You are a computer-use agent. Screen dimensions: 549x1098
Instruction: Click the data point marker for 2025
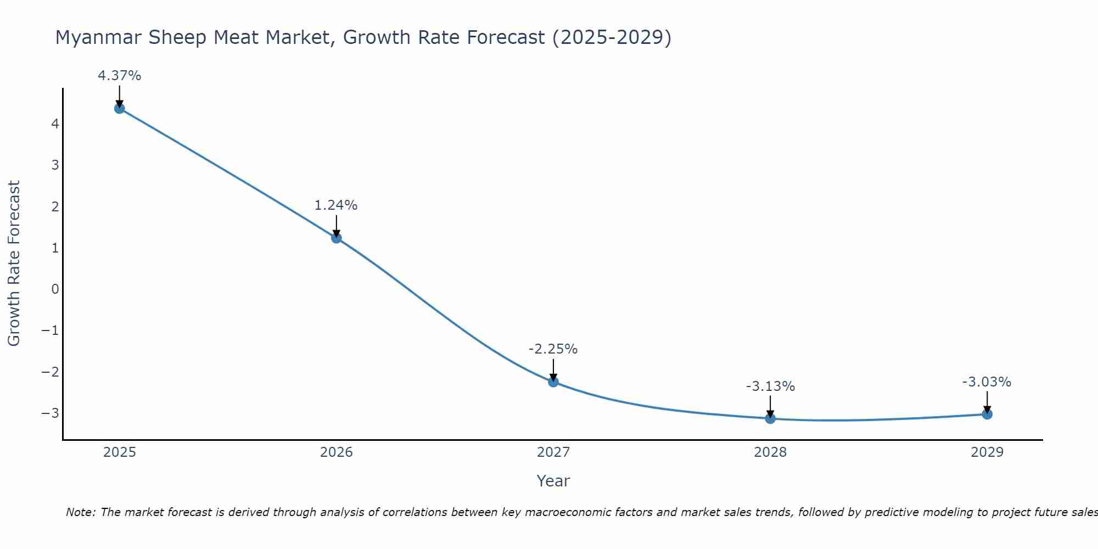click(120, 108)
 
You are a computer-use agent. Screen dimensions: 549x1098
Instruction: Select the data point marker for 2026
click(337, 238)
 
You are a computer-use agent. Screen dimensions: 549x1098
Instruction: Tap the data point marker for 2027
click(553, 382)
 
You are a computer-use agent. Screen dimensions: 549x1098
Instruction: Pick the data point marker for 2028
click(770, 418)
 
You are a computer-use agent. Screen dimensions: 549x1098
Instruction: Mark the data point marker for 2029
click(987, 414)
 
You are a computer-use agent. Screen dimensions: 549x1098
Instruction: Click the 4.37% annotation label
click(120, 76)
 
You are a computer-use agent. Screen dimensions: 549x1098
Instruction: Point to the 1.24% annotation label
click(336, 205)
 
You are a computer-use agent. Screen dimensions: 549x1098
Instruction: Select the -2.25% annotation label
click(553, 349)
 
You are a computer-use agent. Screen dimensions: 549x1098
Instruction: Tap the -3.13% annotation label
click(770, 386)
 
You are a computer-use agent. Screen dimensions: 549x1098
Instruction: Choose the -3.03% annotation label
click(987, 382)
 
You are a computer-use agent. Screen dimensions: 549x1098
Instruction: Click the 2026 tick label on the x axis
click(337, 452)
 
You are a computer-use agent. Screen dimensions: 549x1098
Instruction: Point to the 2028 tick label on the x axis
click(770, 452)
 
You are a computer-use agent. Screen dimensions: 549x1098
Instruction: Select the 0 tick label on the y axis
click(55, 289)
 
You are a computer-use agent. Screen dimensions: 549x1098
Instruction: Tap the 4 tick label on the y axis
click(55, 124)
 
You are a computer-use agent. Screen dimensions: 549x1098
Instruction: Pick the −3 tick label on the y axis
click(51, 413)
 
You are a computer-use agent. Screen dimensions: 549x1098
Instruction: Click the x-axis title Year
click(553, 481)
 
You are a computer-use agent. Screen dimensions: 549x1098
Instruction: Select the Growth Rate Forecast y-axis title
click(14, 263)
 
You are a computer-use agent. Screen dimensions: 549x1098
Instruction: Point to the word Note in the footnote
click(81, 512)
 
